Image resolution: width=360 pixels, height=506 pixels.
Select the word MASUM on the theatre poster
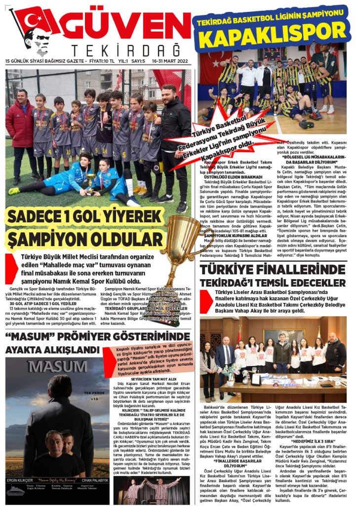[51, 367]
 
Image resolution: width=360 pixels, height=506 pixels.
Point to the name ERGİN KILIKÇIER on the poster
[20, 479]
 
